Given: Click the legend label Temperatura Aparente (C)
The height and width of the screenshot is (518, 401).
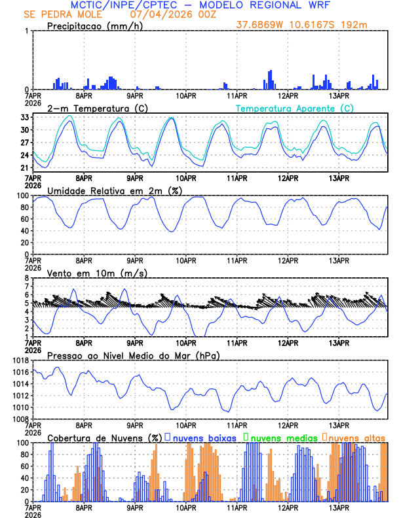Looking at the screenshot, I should click(295, 108).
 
